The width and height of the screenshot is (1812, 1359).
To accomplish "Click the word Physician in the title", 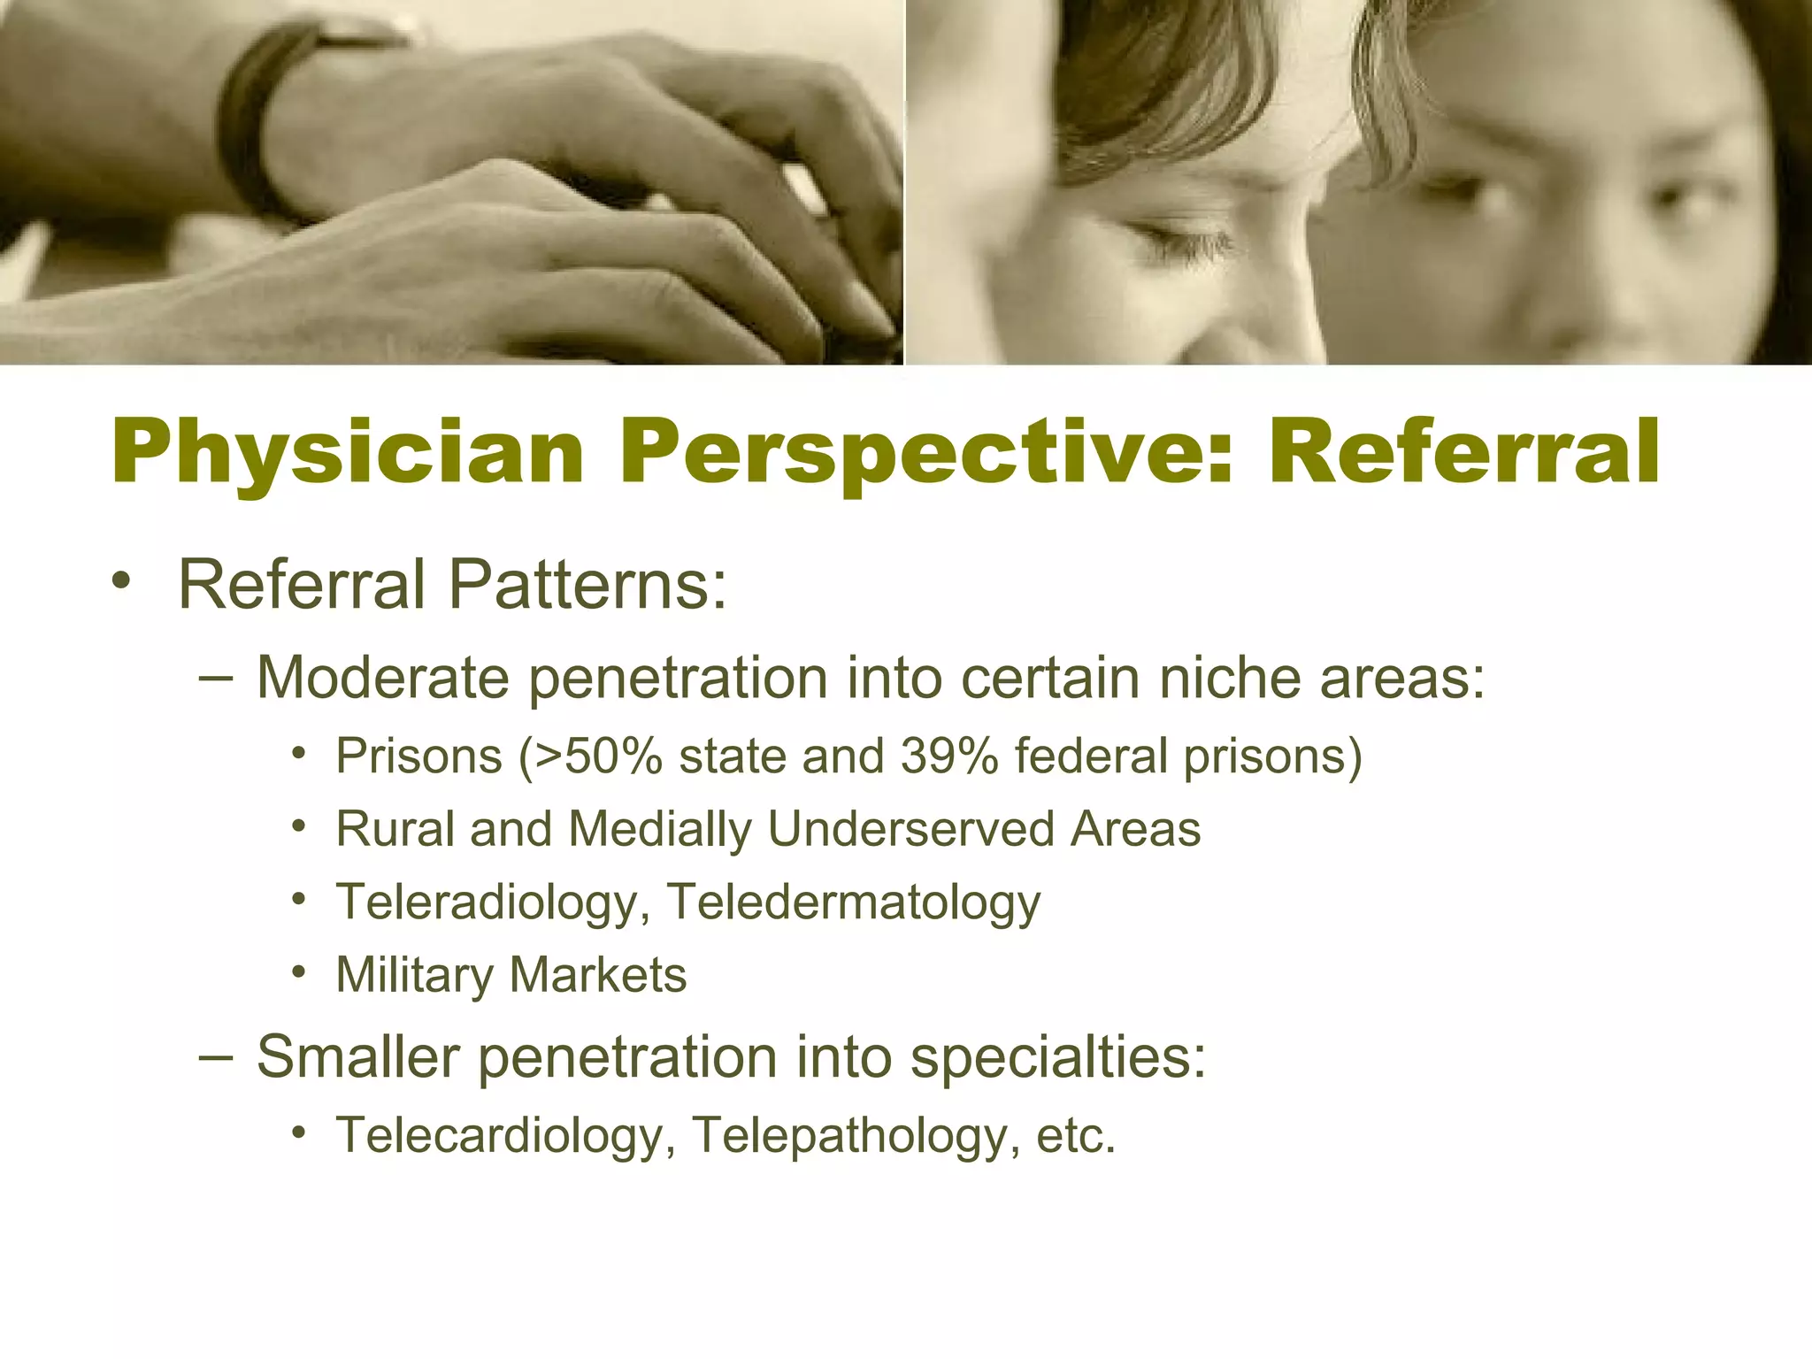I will (348, 453).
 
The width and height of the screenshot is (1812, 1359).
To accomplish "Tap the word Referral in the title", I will (1464, 453).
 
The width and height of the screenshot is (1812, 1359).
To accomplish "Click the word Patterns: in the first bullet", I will (587, 585).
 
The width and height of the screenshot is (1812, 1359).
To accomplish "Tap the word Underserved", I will (910, 830).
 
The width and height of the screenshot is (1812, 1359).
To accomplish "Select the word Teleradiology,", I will (493, 902).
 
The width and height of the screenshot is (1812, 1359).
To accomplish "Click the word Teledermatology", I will (854, 902).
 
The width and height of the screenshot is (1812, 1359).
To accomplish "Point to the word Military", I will (414, 976).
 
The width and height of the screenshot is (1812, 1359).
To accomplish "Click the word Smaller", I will (357, 1057).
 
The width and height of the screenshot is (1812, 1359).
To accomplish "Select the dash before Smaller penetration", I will (217, 1056).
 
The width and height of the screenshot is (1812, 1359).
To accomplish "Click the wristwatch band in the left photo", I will (252, 124).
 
